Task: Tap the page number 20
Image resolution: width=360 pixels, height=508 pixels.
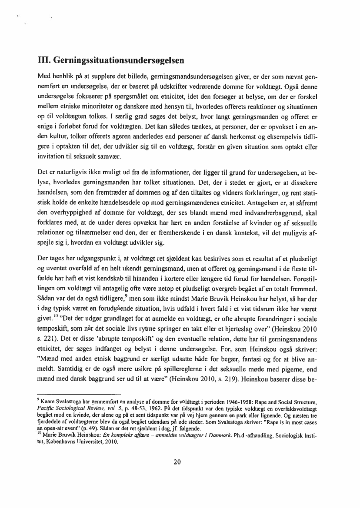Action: coord(177,462)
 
